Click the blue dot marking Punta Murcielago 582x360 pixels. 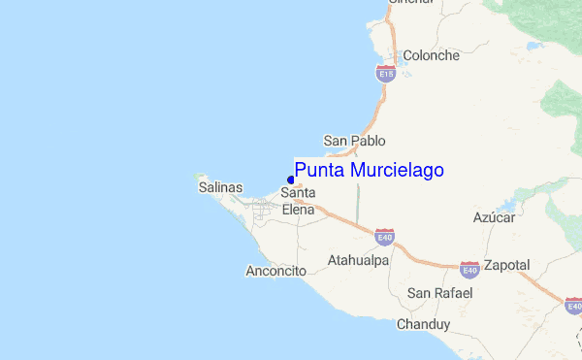tap(291, 180)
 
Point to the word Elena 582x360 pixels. tap(298, 209)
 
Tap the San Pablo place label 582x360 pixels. tap(354, 141)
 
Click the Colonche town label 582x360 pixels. tap(431, 55)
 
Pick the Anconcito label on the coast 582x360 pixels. tap(276, 272)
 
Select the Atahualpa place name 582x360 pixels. tap(358, 261)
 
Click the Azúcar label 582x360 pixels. tap(495, 217)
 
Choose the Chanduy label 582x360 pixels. tap(424, 324)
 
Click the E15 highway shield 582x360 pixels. tap(386, 73)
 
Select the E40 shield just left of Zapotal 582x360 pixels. tap(469, 268)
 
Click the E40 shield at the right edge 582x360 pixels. tap(573, 307)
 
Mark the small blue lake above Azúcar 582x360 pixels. tap(506, 206)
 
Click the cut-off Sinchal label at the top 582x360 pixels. tap(410, 3)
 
